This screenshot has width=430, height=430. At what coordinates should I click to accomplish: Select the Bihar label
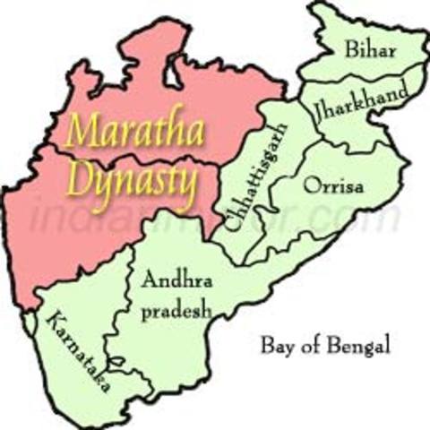[367, 50]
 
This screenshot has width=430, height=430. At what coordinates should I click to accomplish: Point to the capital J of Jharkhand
[318, 111]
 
